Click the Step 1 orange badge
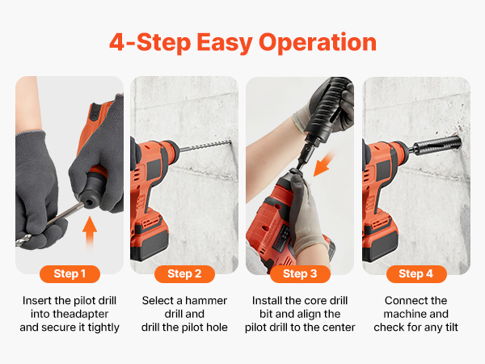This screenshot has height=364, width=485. (70, 274)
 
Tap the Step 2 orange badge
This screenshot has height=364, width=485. (184, 274)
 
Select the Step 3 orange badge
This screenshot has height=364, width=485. (300, 274)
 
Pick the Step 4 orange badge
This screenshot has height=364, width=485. (416, 274)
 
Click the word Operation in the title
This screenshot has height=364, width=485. (318, 43)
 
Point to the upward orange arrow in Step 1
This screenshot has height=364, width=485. (90, 231)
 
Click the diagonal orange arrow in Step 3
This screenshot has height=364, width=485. (324, 163)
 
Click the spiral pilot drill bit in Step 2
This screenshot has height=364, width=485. (205, 146)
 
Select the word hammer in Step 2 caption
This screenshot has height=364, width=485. (206, 301)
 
